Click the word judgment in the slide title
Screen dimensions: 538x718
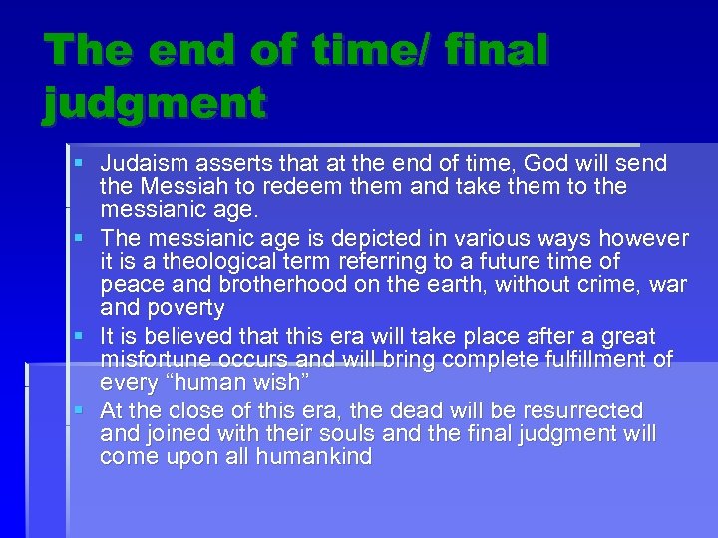[155, 102]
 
